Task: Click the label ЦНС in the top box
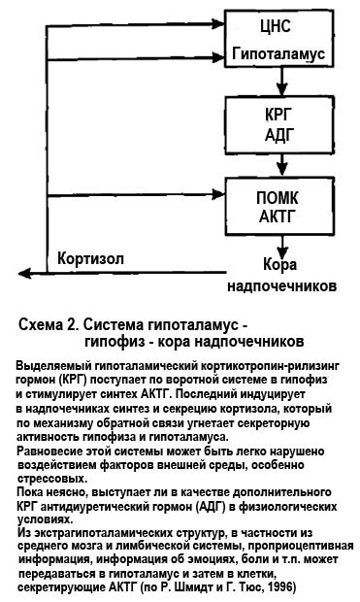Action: pos(276,26)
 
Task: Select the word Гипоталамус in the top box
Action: pos(278,53)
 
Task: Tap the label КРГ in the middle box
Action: pos(278,114)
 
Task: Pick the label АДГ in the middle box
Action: pos(279,135)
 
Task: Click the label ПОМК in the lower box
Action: pos(278,198)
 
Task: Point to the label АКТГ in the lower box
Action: pos(278,217)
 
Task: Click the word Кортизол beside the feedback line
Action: pos(90,259)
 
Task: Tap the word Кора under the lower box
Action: pos(279,264)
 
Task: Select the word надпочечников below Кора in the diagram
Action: pos(282,286)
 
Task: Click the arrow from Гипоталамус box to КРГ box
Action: pos(282,82)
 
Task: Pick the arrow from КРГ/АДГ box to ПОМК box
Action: pos(282,165)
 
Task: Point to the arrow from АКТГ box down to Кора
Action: pos(282,247)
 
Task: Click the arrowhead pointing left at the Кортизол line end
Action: pos(25,274)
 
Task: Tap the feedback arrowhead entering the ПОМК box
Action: pos(218,194)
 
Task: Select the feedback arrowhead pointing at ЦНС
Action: pos(218,24)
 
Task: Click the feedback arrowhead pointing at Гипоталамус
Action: pos(218,57)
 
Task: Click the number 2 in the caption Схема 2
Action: pos(71,325)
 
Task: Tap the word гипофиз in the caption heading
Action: pos(114,342)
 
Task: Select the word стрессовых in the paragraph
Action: pos(52,479)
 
